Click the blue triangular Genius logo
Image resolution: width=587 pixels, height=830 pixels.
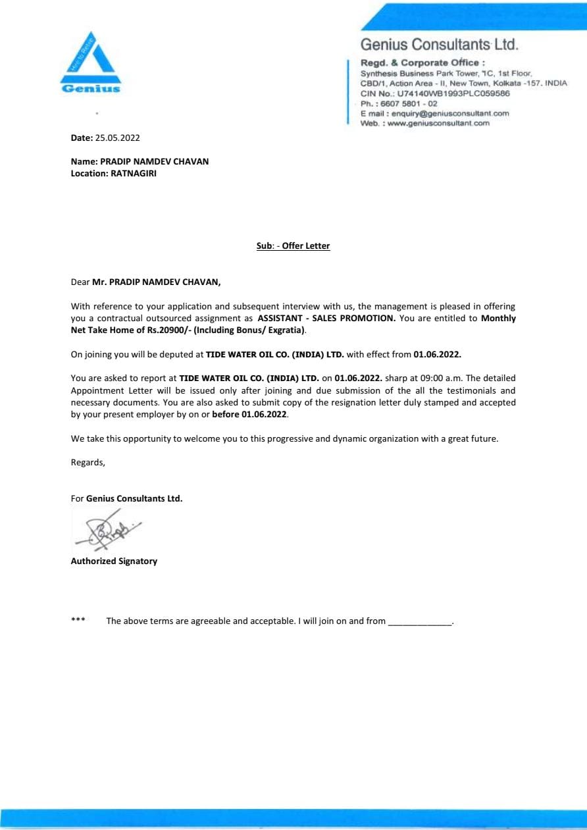pyautogui.click(x=91, y=63)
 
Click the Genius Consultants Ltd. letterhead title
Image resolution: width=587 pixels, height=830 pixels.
pyautogui.click(x=439, y=45)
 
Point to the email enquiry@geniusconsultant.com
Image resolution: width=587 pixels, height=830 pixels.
pyautogui.click(x=450, y=113)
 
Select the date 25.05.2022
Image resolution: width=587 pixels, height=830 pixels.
pyautogui.click(x=118, y=138)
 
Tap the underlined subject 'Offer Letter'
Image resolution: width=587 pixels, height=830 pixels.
pyautogui.click(x=306, y=246)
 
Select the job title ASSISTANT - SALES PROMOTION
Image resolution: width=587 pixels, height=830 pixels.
pyautogui.click(x=326, y=318)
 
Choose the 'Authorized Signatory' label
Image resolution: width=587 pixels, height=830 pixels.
pyautogui.click(x=114, y=561)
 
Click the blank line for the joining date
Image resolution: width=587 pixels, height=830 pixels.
pyautogui.click(x=420, y=622)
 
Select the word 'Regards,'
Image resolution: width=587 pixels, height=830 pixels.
pyautogui.click(x=88, y=462)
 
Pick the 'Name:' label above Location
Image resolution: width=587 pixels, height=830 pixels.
pyautogui.click(x=84, y=161)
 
